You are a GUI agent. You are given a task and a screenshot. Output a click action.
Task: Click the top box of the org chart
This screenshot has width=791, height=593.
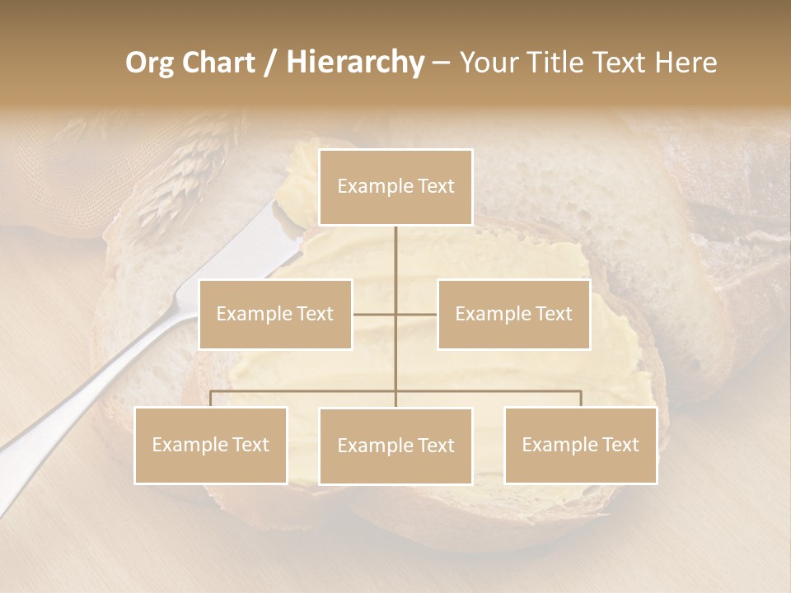tap(395, 187)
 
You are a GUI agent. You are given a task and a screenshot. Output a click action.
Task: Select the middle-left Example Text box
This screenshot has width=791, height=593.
tap(275, 314)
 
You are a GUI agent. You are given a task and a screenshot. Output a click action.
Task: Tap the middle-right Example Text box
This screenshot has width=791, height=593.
tap(513, 314)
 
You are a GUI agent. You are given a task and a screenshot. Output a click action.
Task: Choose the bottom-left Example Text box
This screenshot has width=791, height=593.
tap(211, 445)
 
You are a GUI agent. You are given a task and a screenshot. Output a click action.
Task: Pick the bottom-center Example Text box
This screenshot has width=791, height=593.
tap(395, 446)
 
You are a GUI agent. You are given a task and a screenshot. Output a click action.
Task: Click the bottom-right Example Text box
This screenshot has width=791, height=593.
tap(580, 445)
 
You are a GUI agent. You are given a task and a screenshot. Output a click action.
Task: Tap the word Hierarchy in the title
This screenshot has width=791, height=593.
tap(354, 63)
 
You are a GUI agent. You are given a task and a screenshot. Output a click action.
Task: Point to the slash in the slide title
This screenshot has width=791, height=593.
tap(270, 63)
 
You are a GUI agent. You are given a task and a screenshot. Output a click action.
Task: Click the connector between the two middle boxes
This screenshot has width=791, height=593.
tap(395, 314)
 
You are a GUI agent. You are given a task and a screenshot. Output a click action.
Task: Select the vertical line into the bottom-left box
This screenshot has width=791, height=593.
tap(211, 399)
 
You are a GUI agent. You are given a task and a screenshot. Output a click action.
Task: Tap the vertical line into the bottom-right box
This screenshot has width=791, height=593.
tap(581, 399)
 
